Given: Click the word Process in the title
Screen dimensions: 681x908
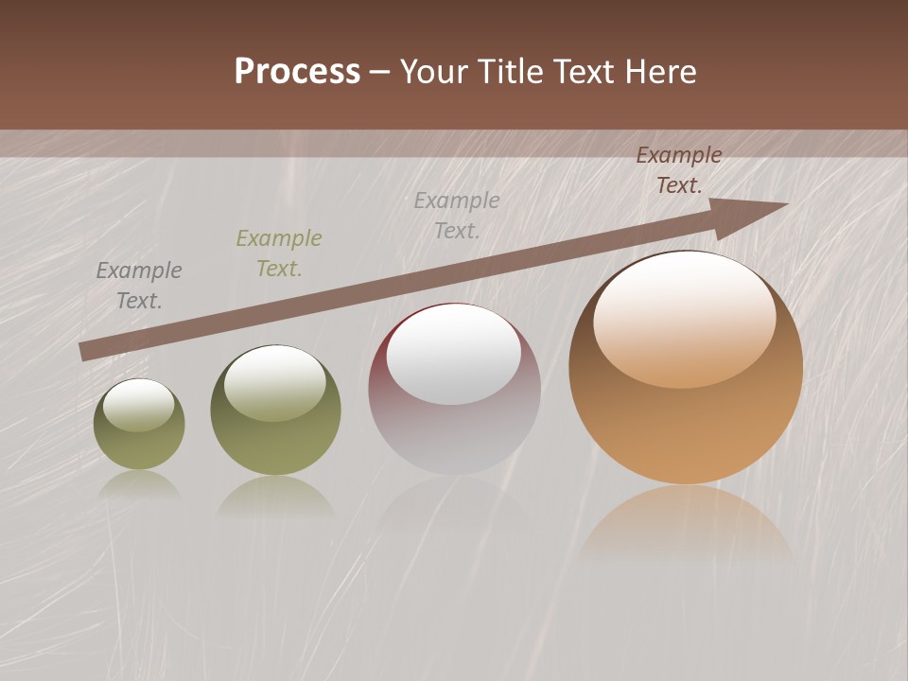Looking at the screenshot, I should click(x=297, y=72).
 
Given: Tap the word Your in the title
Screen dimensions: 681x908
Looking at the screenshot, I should click(x=435, y=72).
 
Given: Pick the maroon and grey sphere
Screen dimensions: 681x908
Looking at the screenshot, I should click(x=454, y=390).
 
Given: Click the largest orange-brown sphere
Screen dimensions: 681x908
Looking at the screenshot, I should click(x=686, y=369).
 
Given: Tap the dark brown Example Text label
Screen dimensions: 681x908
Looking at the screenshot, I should click(x=679, y=170).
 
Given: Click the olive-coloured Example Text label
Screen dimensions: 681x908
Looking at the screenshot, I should click(x=279, y=253).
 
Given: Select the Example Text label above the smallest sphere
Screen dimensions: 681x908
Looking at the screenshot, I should click(x=139, y=286).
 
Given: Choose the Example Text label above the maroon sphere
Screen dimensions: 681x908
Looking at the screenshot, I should click(x=457, y=216).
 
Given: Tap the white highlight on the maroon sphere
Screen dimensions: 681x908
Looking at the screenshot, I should click(x=454, y=355).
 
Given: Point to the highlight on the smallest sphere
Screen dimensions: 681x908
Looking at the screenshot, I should click(x=138, y=405).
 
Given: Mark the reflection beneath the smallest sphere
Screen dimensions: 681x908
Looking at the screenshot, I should click(x=139, y=484).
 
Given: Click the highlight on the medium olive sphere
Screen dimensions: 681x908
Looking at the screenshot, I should click(x=275, y=383).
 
